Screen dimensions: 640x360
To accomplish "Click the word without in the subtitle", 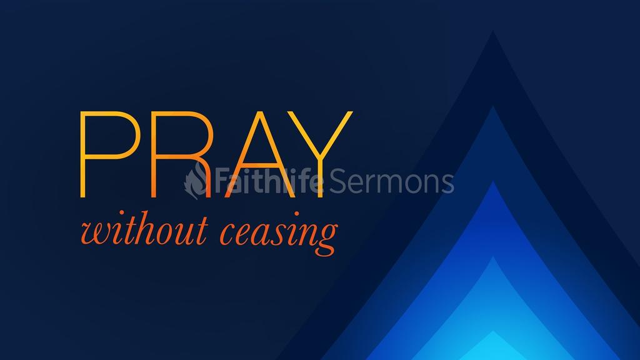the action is [x=144, y=231].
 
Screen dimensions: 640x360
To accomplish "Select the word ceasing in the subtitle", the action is [x=279, y=234].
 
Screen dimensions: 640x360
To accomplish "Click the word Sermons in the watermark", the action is [x=391, y=182].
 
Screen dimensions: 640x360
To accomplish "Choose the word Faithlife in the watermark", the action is [x=269, y=181].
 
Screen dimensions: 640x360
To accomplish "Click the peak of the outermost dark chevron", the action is [x=493, y=31].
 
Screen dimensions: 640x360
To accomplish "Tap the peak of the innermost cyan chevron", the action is [x=493, y=331].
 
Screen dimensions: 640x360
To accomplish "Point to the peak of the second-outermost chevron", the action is [x=493, y=106].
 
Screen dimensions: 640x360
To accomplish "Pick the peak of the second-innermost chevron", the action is [x=493, y=256].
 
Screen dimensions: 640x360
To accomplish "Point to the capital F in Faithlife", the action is [x=222, y=181].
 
